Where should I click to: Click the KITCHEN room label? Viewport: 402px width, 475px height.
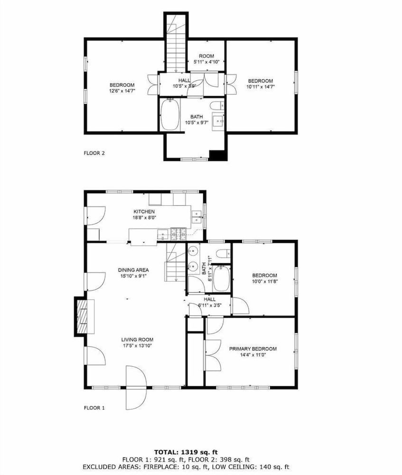coord(144,211)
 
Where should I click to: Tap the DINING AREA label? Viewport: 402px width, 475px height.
coord(133,270)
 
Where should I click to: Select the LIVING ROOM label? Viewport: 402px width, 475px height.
coord(137,340)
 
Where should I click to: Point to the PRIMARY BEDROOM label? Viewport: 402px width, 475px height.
coord(253,349)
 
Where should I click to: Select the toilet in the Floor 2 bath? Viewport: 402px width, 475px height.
coord(217,106)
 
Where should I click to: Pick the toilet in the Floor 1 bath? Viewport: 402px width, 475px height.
coord(224,253)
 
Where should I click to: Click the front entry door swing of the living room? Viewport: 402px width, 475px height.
coord(136,388)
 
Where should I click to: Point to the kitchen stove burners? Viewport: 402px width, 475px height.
coord(178,234)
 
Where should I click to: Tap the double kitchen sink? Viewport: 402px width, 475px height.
coord(197,217)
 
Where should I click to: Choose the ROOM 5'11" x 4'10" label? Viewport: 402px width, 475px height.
coord(206,59)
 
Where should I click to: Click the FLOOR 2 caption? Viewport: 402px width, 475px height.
coord(94,153)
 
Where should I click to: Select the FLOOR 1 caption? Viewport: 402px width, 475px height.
coord(94,408)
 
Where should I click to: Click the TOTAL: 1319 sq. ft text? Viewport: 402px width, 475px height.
coord(186,453)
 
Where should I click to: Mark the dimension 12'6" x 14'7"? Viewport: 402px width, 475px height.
coord(122,91)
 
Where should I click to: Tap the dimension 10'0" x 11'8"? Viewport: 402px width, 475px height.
coord(264,281)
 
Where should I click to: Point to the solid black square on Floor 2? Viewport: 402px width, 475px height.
coord(218,155)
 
